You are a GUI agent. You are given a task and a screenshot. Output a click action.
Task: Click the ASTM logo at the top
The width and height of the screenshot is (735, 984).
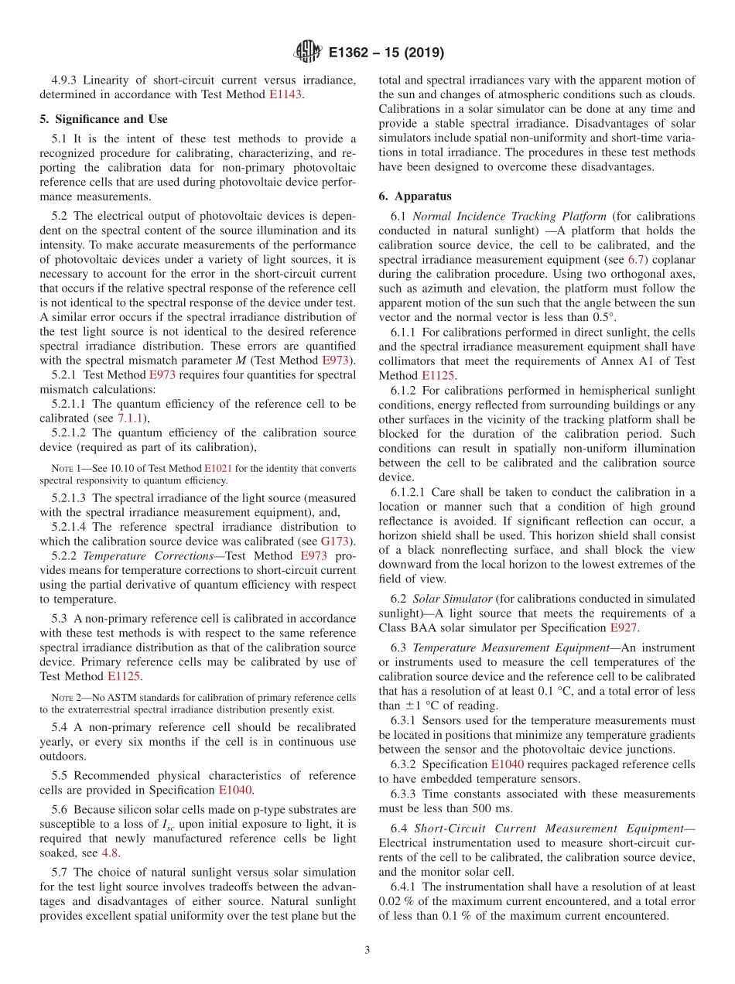tap(308, 53)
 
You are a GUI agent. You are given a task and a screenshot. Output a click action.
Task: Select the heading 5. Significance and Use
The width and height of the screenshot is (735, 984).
tap(103, 119)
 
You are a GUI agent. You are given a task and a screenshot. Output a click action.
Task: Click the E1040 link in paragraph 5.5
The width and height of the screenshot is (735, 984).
tap(236, 790)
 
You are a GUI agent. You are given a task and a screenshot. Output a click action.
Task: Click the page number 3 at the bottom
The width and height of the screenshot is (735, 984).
tap(367, 950)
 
